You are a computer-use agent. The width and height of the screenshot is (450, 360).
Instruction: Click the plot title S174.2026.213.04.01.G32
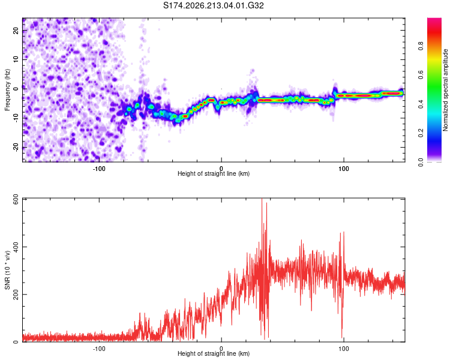(x=214, y=5)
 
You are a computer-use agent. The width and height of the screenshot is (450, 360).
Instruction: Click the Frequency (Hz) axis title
(x=7, y=90)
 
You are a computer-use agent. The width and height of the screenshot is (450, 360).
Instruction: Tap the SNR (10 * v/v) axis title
(x=7, y=270)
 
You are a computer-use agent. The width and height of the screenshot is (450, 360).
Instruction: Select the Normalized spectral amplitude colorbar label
(x=445, y=90)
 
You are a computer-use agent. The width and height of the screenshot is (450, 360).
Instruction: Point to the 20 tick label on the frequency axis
(x=16, y=31)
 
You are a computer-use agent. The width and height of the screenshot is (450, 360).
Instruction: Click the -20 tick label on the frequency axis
(x=16, y=147)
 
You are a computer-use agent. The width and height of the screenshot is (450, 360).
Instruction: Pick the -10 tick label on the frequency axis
(x=16, y=118)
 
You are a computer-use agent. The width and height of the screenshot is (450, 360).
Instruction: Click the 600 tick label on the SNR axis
(x=16, y=202)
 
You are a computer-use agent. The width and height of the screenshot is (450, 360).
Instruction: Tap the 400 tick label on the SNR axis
(x=16, y=247)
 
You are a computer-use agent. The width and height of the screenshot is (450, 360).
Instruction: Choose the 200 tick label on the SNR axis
(x=16, y=294)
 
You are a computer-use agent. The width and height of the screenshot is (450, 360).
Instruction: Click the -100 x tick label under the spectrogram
(x=99, y=169)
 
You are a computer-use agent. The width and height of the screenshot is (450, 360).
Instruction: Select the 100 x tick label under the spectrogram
(x=344, y=169)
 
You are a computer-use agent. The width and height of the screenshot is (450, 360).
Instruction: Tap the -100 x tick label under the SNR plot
(x=99, y=349)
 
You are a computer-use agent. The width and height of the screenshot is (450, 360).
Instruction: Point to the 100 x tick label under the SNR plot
(x=344, y=349)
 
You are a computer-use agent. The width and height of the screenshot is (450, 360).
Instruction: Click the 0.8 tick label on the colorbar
(x=421, y=46)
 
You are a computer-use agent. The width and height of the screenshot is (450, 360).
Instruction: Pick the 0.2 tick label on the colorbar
(x=421, y=133)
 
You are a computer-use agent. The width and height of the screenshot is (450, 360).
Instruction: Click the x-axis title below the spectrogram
(x=214, y=173)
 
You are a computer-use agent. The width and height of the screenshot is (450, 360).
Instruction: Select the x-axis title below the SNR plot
(x=214, y=353)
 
